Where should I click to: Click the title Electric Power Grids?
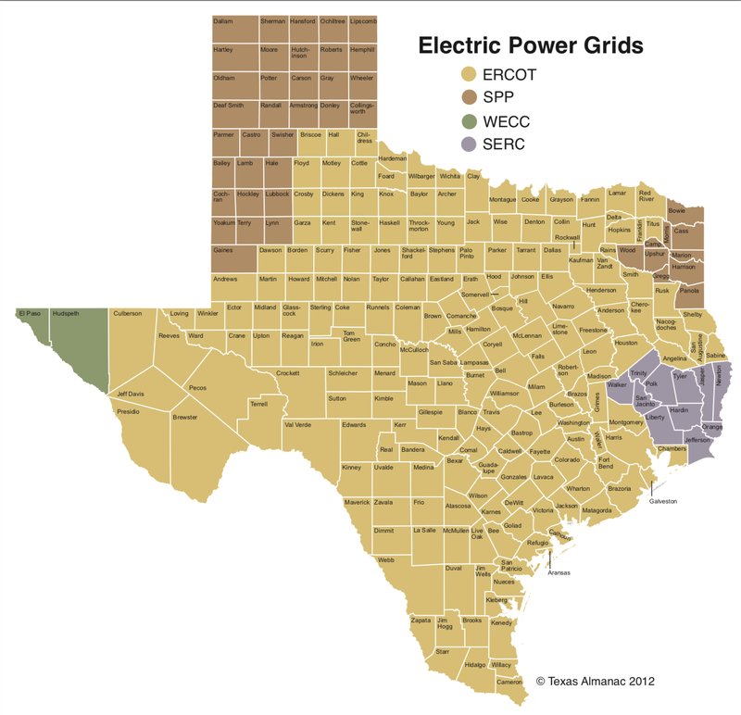click(530, 44)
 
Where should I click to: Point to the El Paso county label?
click(29, 314)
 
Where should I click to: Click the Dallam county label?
click(222, 21)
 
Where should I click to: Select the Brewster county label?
click(184, 418)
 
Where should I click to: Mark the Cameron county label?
click(509, 682)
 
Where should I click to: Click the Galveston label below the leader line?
click(663, 501)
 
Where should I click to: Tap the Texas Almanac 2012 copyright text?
click(596, 681)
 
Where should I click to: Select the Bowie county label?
click(678, 212)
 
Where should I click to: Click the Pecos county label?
click(197, 388)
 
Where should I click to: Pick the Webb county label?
click(386, 559)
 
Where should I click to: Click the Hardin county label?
click(679, 409)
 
